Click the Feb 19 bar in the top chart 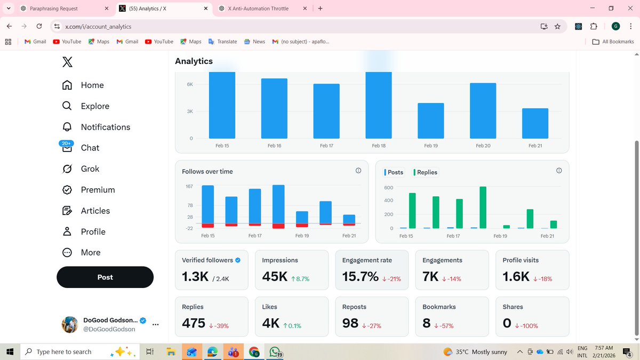(x=430, y=121)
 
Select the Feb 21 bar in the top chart (x=535, y=123)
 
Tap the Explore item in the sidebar (x=95, y=106)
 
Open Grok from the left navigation (x=90, y=169)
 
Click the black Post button (x=105, y=277)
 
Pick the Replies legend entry (x=427, y=172)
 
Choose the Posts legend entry (x=395, y=172)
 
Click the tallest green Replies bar (x=483, y=207)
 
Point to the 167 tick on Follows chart (x=189, y=186)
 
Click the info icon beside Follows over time (x=358, y=171)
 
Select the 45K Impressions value (x=275, y=277)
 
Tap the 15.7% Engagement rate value (x=360, y=277)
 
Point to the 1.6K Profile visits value (x=516, y=277)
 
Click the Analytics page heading (x=194, y=61)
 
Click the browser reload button (x=39, y=26)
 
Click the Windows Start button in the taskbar (x=10, y=351)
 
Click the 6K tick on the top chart (x=189, y=84)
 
